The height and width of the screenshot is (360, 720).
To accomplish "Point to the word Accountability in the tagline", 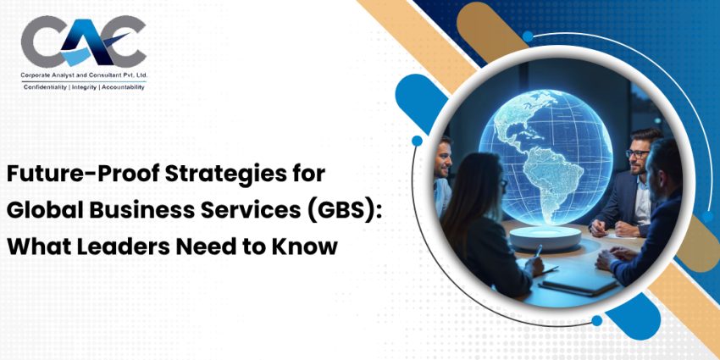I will (124, 87).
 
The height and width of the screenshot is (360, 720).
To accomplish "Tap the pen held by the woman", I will (537, 252).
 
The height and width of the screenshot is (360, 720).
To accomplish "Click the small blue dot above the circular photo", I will (528, 36).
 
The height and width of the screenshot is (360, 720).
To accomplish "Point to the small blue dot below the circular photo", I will (597, 321).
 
